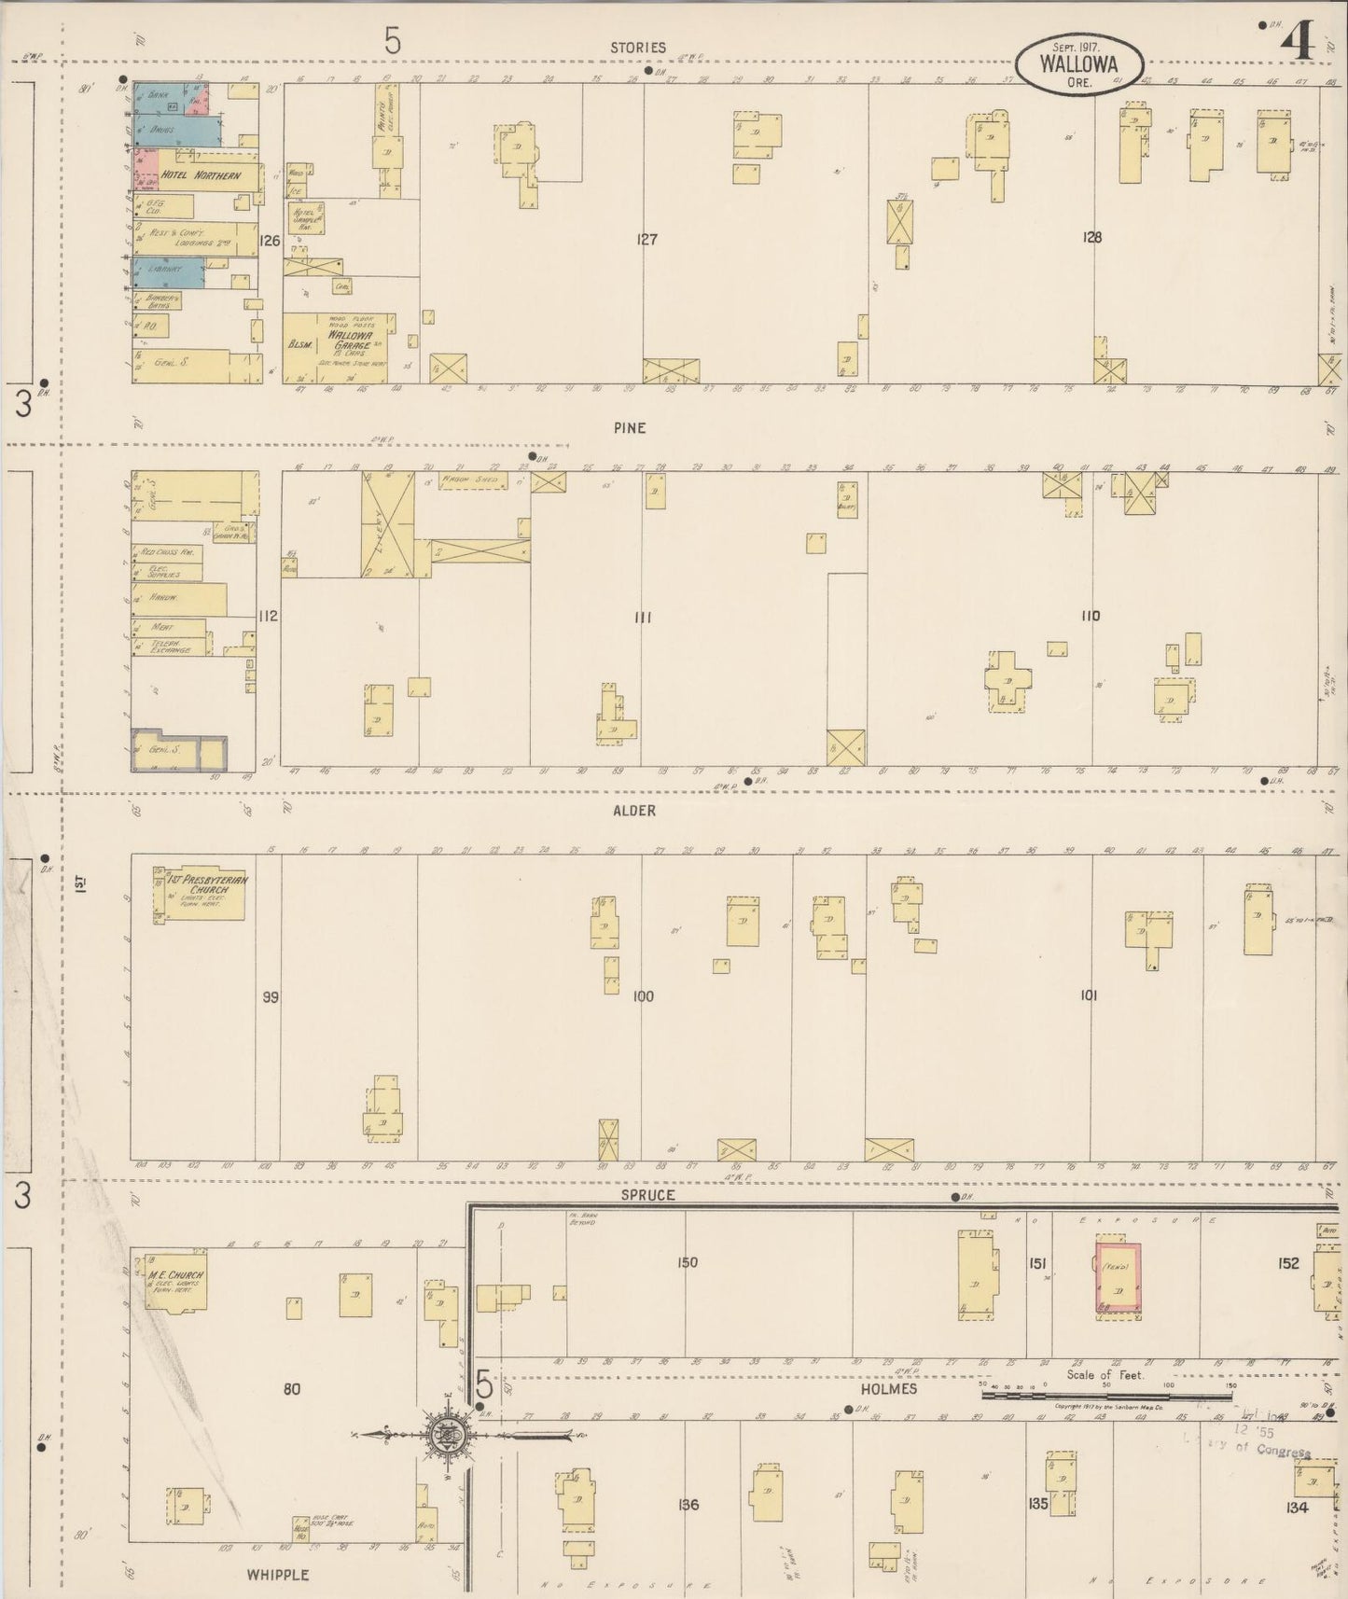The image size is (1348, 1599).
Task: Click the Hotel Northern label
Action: point(200,174)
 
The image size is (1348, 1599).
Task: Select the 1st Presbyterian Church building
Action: point(201,895)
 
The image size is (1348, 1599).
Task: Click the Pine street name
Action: point(630,428)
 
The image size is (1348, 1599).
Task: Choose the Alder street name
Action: point(634,811)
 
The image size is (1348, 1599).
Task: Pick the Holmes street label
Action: point(889,1388)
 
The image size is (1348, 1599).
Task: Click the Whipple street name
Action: point(278,1574)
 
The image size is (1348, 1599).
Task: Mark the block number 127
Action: point(646,240)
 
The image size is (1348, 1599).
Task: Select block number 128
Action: point(1091,237)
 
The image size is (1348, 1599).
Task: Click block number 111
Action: point(643,617)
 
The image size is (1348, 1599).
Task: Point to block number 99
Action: point(271,997)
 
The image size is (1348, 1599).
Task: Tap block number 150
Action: point(688,1262)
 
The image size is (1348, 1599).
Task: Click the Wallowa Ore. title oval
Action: point(1079,64)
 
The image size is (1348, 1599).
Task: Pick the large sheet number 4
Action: point(1297,43)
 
